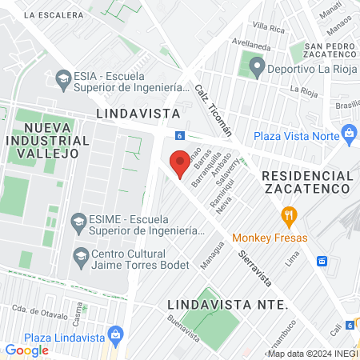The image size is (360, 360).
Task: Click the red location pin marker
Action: tap(180, 162)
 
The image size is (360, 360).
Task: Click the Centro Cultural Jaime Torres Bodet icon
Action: tap(80, 256)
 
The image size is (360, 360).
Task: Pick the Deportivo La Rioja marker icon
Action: tap(256, 67)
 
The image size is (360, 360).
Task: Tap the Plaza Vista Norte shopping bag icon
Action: tap(348, 132)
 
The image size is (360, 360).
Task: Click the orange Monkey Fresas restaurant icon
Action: tap(289, 214)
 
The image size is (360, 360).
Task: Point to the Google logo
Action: tap(26, 350)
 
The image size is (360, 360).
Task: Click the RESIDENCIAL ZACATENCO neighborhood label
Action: tap(306, 182)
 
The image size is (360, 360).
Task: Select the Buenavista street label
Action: tap(184, 328)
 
